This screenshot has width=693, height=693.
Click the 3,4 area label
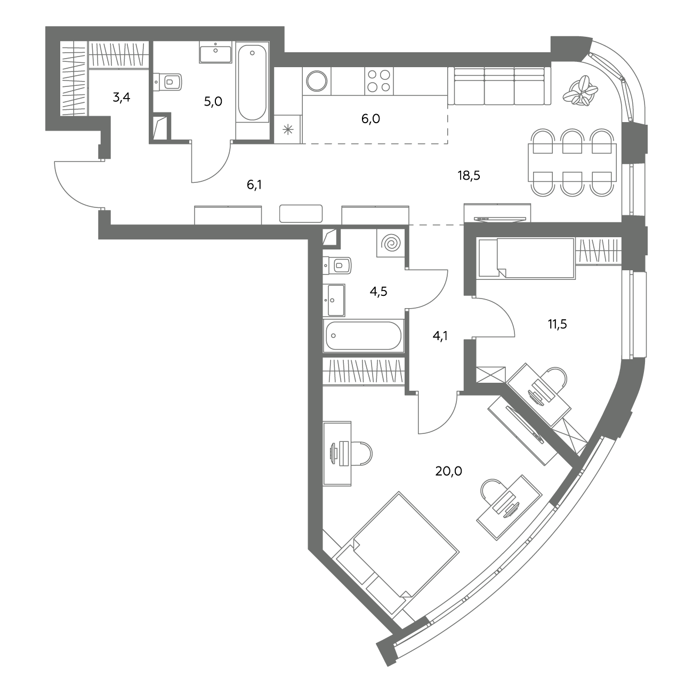click(x=121, y=97)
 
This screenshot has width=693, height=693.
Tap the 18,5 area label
click(x=469, y=175)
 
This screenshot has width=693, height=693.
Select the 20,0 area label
click(x=448, y=471)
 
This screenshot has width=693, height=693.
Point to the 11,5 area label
click(x=558, y=325)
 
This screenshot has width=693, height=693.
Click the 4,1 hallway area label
click(x=440, y=336)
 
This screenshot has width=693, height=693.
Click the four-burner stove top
click(x=378, y=81)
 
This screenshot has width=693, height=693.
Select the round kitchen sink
click(x=317, y=81)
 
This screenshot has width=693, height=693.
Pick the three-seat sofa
click(x=499, y=86)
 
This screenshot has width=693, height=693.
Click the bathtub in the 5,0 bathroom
click(x=253, y=82)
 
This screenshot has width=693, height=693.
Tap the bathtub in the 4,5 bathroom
click(x=364, y=335)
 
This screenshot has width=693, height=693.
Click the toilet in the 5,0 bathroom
click(x=167, y=82)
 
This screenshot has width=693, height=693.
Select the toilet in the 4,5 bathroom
click(x=337, y=266)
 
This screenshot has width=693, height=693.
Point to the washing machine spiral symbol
click(x=391, y=243)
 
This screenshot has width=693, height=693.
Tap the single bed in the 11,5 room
click(x=527, y=258)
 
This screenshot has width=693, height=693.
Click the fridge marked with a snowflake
click(x=288, y=129)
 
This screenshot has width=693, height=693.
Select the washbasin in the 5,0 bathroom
click(x=215, y=52)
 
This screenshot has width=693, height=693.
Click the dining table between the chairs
click(x=572, y=163)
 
